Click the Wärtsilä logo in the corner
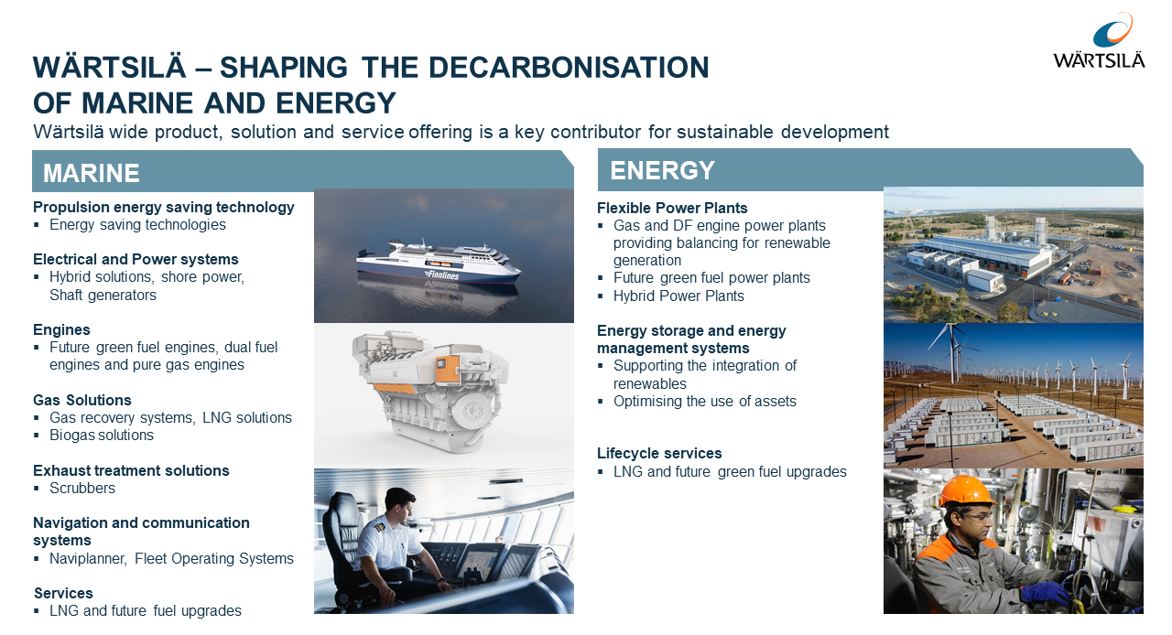point(1100,41)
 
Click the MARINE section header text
point(91,173)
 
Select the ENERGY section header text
point(662,170)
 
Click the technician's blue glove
point(1044,593)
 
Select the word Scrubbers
point(82,488)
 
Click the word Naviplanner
point(88,559)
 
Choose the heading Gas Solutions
point(82,400)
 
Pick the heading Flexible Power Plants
point(672,209)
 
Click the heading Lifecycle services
point(659,453)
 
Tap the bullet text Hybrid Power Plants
point(678,296)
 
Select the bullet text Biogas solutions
point(102,436)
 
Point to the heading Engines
point(61,330)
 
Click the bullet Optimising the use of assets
point(705,401)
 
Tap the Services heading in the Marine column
point(63,593)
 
